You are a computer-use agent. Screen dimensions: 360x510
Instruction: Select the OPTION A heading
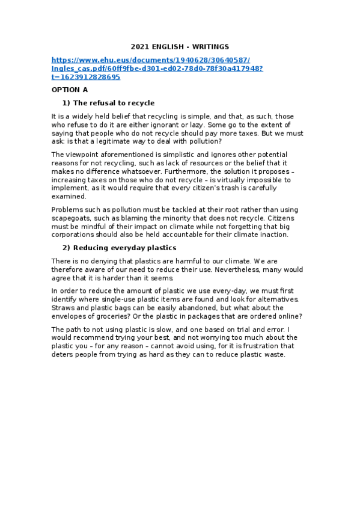(x=70, y=90)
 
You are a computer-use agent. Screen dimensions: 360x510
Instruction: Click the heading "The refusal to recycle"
(x=114, y=103)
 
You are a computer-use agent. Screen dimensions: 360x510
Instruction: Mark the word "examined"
(x=69, y=197)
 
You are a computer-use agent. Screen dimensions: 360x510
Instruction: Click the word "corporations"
(x=75, y=235)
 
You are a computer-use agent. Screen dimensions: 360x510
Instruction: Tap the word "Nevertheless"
(x=230, y=269)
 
